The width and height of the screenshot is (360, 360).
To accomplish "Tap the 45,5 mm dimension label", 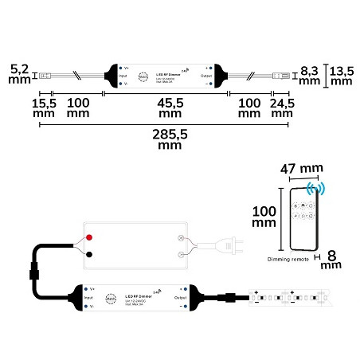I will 166,108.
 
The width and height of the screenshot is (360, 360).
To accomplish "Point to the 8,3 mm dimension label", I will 311,76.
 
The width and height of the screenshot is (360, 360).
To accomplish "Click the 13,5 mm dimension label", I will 342,76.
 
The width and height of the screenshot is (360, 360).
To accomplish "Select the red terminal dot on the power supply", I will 89,237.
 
